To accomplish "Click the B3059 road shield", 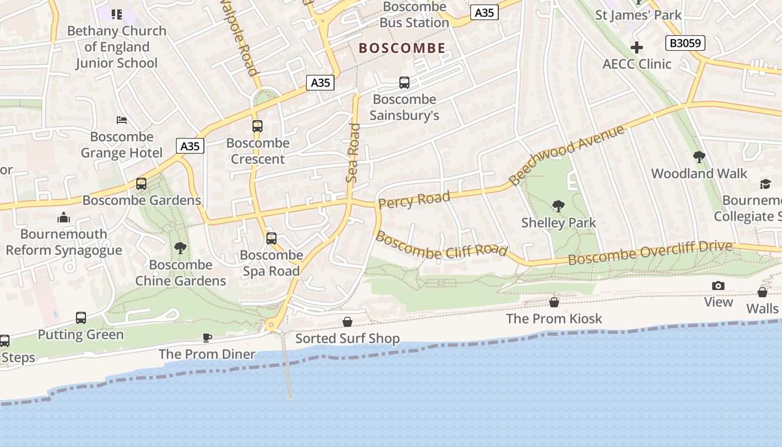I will [685, 43].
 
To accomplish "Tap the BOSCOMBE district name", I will [402, 48].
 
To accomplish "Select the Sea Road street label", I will [352, 153].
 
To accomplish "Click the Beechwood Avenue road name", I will [566, 155].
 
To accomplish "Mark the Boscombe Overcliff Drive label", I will [650, 253].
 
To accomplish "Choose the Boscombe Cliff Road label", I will [441, 245].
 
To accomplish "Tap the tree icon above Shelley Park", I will [558, 206].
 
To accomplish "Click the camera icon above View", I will [718, 286].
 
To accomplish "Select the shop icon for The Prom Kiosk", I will [554, 302].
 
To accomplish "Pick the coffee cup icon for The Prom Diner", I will [207, 337].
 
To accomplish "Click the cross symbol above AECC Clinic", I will [637, 47].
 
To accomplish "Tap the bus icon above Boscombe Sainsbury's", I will [404, 83].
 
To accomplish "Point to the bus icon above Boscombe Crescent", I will [258, 126].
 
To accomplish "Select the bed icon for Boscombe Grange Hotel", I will [122, 120].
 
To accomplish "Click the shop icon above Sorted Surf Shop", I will [347, 322].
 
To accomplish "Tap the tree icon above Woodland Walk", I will [699, 157].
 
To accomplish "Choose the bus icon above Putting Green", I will [81, 318].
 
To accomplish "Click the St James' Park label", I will [638, 15].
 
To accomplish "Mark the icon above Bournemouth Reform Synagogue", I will [64, 217].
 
